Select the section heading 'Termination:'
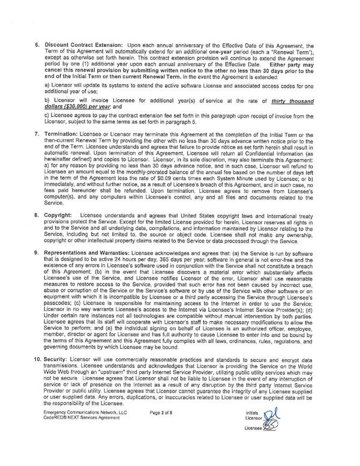68,148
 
